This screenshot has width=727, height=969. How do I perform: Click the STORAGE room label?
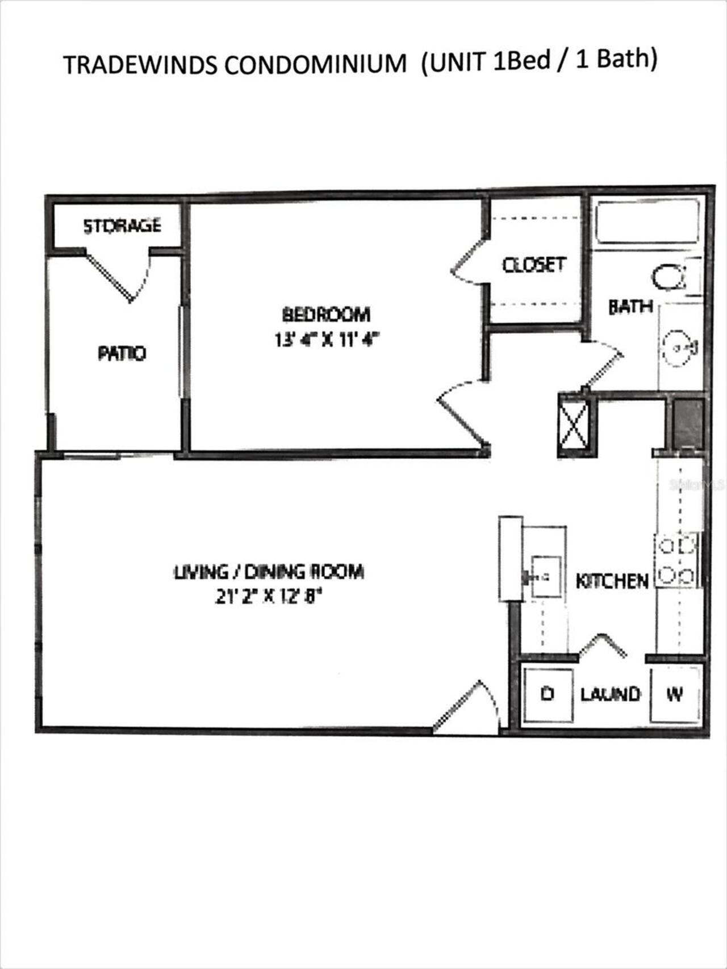click(122, 226)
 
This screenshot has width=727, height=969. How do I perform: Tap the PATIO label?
click(122, 354)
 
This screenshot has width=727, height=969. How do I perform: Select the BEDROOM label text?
click(326, 314)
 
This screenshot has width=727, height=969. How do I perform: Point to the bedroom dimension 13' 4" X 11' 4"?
click(326, 340)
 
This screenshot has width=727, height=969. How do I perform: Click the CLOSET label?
click(534, 265)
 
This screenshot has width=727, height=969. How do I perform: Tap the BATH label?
click(630, 307)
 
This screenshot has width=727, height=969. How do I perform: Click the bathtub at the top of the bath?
click(646, 221)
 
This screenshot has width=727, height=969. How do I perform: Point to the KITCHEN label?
click(612, 581)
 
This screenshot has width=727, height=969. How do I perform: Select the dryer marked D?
click(548, 694)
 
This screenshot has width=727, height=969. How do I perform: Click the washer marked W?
click(675, 694)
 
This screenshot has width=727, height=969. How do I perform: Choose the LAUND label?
click(610, 694)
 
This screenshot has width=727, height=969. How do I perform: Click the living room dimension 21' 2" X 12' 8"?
click(269, 597)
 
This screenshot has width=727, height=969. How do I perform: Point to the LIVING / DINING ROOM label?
click(269, 571)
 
